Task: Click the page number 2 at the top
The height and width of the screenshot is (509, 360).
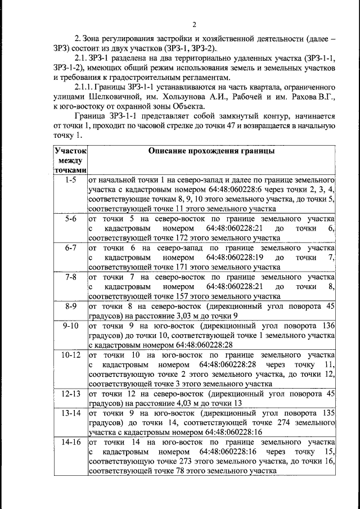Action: (193, 25)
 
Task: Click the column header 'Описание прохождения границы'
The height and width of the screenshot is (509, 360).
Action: (211, 151)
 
